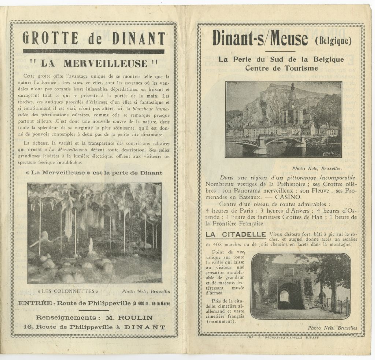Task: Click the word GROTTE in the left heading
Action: click(x=50, y=38)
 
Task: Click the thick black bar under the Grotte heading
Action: click(x=93, y=51)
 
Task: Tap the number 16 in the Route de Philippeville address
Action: click(x=27, y=327)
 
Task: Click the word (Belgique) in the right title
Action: click(x=333, y=40)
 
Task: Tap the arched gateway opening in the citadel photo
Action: click(x=285, y=296)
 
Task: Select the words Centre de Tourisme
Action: click(x=281, y=68)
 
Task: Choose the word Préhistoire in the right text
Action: click(x=293, y=184)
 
